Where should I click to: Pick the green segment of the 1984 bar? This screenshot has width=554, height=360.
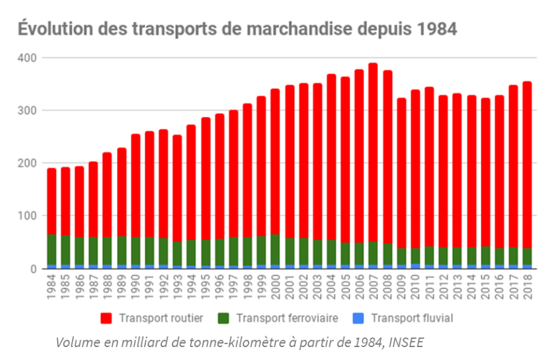click(x=52, y=249)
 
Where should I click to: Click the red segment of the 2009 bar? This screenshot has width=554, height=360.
click(x=401, y=172)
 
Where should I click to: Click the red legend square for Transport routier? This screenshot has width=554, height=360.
click(x=106, y=318)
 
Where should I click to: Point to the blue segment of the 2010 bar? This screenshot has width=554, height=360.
click(x=415, y=266)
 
